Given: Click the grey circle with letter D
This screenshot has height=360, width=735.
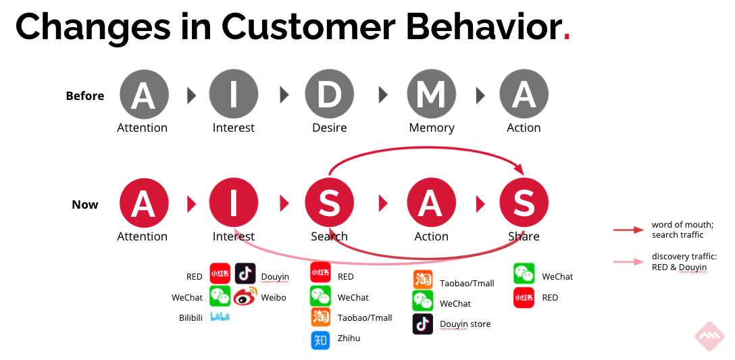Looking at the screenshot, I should (x=329, y=95).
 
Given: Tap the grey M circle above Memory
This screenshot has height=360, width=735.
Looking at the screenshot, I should (x=431, y=95).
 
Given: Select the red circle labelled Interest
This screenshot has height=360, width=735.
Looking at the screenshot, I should (x=234, y=203).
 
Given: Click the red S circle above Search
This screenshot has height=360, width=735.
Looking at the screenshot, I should (x=329, y=203).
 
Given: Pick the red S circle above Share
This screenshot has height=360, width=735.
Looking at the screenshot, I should (x=524, y=203).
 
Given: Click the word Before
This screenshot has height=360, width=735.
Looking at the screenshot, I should (x=85, y=96).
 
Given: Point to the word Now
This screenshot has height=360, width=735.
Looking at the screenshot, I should (x=85, y=205).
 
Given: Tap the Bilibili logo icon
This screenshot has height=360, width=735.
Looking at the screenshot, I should (x=220, y=317).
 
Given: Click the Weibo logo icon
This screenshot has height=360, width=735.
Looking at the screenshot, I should (x=245, y=297).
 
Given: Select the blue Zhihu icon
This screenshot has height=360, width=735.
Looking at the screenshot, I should (x=320, y=340).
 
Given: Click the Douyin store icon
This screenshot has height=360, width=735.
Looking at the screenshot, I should (x=423, y=324).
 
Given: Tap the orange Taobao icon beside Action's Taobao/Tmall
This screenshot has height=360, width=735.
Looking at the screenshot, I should (x=423, y=280).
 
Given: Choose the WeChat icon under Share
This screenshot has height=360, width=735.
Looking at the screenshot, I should (x=524, y=274).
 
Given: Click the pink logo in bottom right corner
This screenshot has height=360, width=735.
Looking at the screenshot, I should (x=710, y=335).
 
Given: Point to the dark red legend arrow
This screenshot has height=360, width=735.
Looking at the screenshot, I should (x=628, y=230).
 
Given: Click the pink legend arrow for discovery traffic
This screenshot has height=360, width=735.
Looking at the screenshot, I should (x=628, y=262).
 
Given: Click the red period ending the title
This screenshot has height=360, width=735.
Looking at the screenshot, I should (x=566, y=37).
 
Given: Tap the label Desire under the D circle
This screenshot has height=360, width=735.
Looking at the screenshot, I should (x=329, y=128).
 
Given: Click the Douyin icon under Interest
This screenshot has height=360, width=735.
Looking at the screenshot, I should (x=245, y=274).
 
